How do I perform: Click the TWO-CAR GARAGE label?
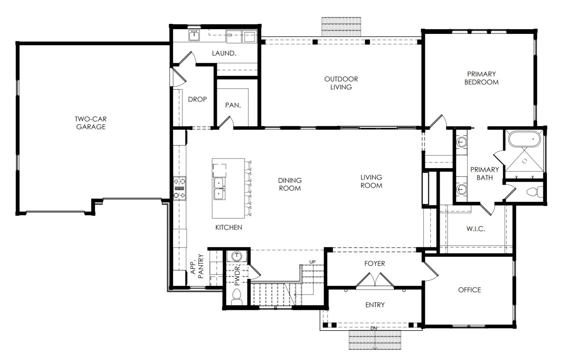click(x=91, y=123)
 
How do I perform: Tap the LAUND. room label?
click(x=224, y=53)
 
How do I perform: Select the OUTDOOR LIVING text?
click(x=341, y=83)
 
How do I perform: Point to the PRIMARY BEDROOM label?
click(x=481, y=78)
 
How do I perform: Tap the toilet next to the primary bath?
click(x=532, y=192)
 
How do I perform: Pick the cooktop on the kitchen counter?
click(x=179, y=188)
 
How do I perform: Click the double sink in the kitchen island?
click(x=219, y=189)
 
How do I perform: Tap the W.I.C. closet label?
click(x=476, y=229)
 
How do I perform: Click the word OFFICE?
click(x=469, y=290)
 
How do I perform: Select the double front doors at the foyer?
click(x=375, y=281)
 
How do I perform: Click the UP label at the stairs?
click(x=312, y=262)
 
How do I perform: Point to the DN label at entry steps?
click(x=373, y=328)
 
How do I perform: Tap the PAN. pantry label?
click(x=233, y=105)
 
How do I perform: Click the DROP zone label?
click(x=197, y=99)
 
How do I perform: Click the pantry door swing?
click(x=226, y=122)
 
